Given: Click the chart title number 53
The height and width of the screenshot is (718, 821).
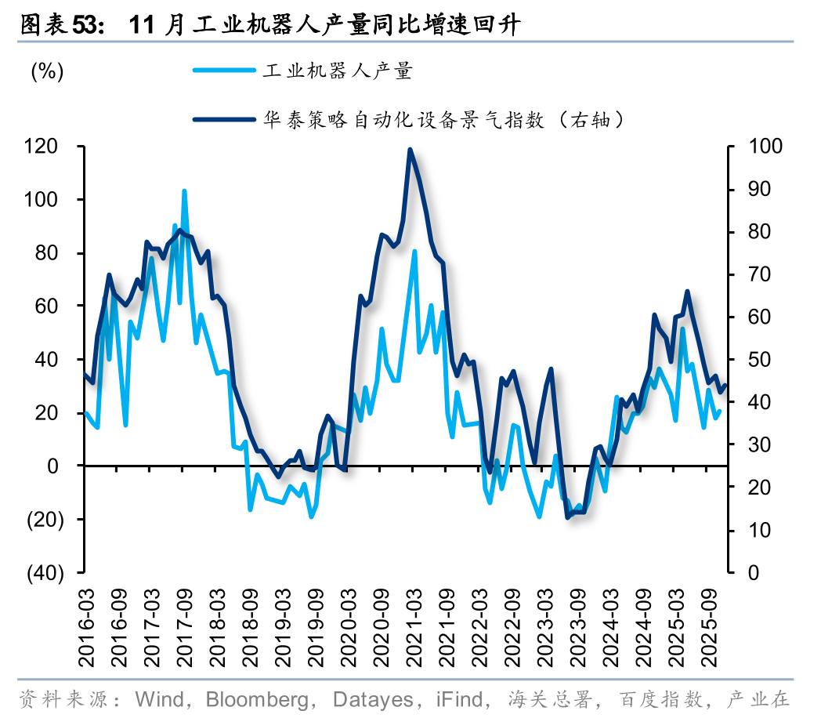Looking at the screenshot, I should point(89,25).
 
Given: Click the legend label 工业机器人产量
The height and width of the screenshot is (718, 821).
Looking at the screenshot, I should point(338,71).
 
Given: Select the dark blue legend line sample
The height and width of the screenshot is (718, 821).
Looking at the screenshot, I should point(225,120).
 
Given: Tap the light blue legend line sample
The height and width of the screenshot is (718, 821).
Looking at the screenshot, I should point(225,71).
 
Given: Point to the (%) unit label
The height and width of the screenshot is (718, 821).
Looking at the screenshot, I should point(46,71).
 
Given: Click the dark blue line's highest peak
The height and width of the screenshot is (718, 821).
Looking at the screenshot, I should point(410,149).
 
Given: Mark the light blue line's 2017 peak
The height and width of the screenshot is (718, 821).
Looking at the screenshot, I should point(184,190).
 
